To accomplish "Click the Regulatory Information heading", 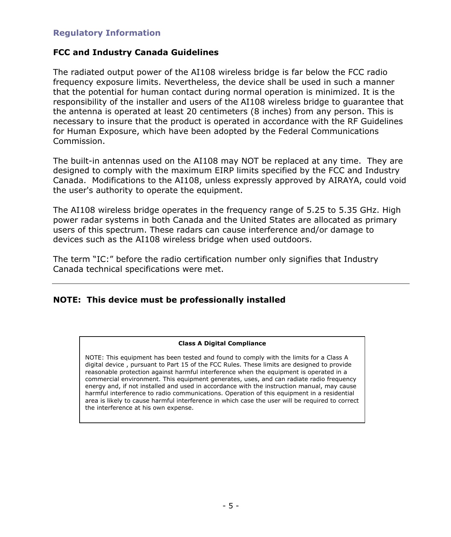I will (106, 33).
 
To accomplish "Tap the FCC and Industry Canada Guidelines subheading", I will (135, 52).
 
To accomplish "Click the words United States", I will (267, 220).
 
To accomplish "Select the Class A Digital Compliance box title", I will (222, 343).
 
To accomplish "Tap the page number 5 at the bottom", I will (231, 506).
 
